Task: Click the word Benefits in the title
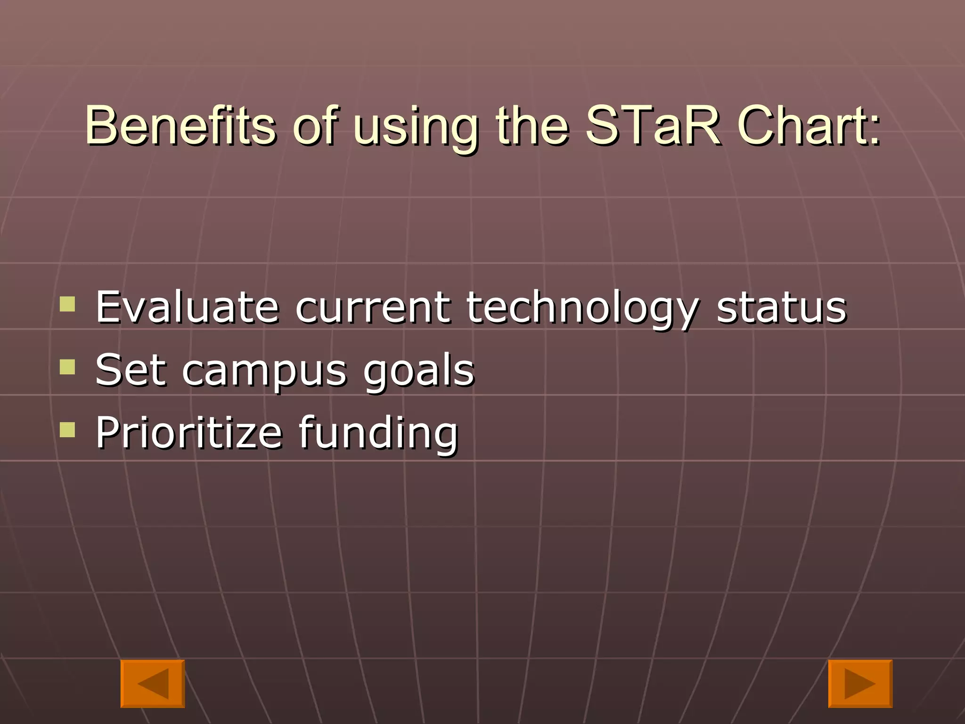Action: (180, 125)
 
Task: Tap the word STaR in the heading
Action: (653, 125)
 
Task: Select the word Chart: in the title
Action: (809, 125)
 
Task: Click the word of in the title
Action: (315, 125)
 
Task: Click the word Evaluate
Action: (187, 307)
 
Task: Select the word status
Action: (781, 307)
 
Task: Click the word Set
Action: (131, 370)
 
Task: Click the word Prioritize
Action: (188, 432)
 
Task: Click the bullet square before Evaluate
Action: (67, 304)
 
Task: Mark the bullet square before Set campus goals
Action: (67, 367)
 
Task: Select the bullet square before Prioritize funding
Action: (67, 429)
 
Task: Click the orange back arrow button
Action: (153, 683)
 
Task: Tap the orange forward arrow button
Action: (860, 683)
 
